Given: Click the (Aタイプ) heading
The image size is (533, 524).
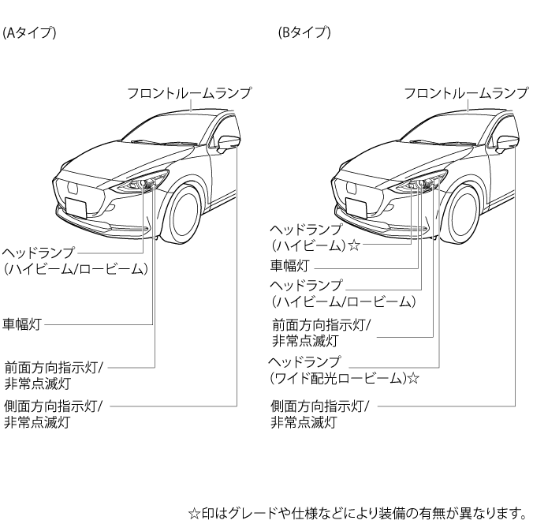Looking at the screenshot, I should [x=28, y=34].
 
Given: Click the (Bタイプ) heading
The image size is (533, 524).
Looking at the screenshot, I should [x=304, y=34].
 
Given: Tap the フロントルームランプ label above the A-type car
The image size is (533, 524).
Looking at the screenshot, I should [x=189, y=93].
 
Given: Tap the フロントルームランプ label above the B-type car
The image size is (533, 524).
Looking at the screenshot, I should [x=465, y=93].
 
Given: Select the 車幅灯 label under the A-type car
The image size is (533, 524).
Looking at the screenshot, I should [x=22, y=324].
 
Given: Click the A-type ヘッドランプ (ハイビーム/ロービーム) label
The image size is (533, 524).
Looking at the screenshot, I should [x=75, y=260].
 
